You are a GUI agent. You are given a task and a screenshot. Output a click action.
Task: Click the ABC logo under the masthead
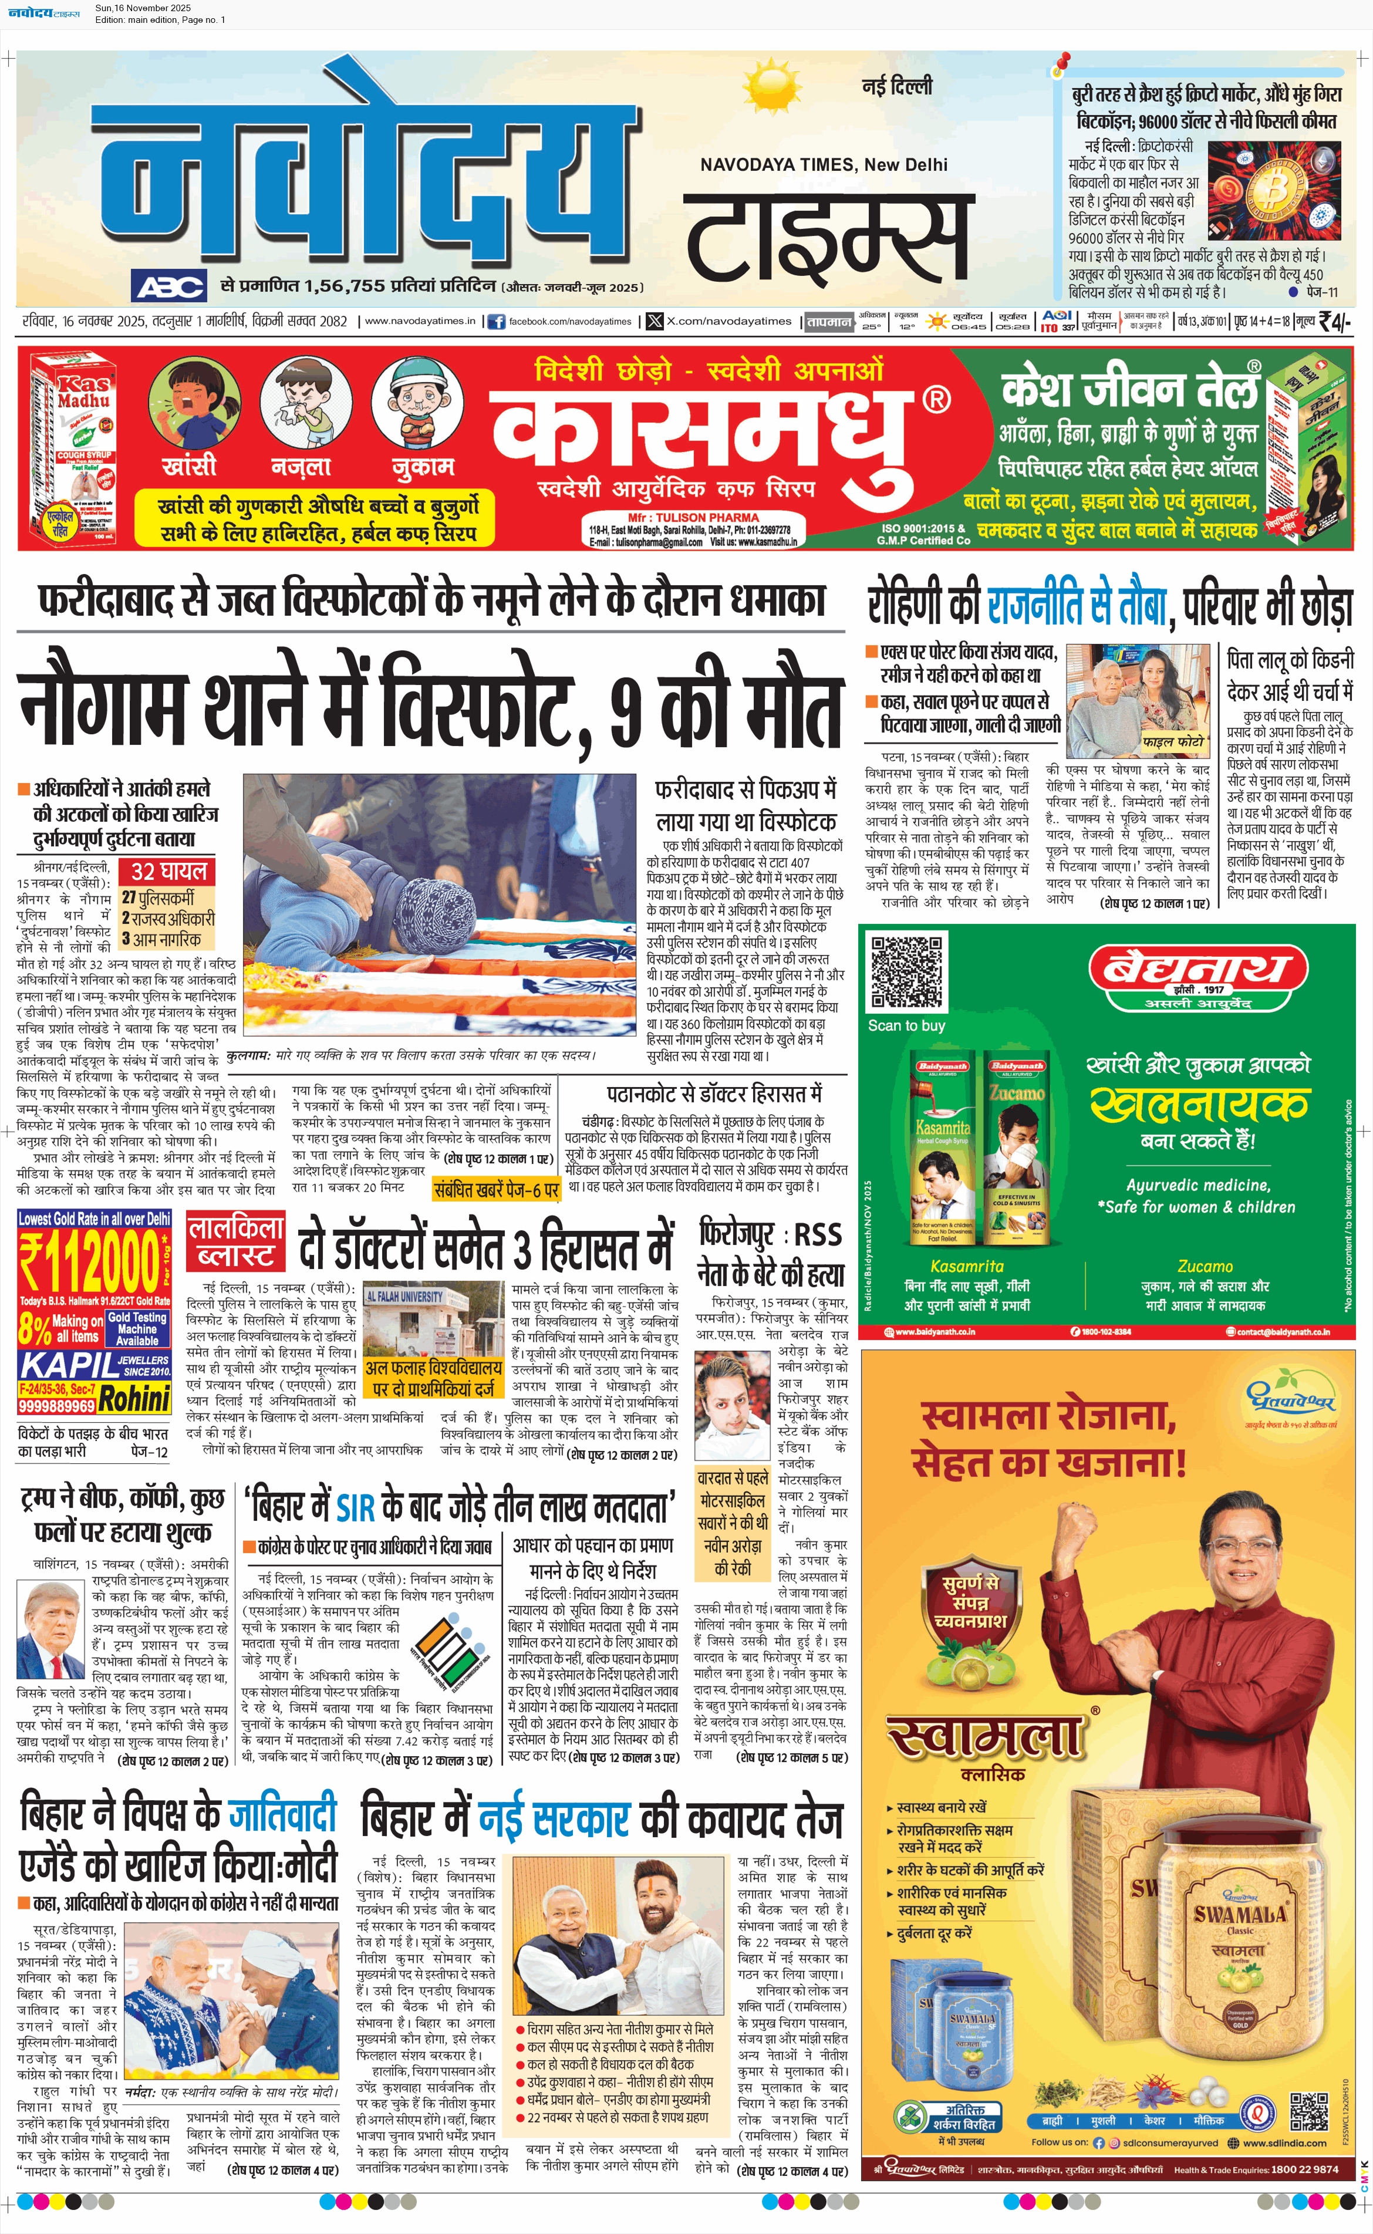170,287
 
